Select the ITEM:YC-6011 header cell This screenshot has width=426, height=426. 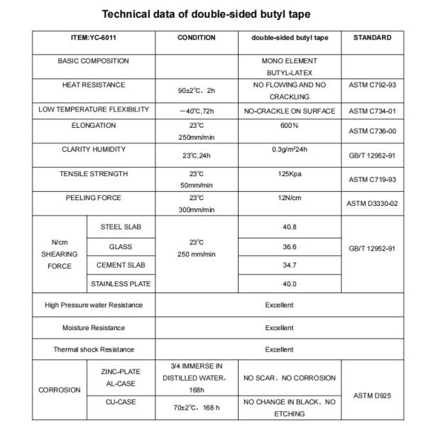[94, 38]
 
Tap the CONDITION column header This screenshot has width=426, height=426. [196, 38]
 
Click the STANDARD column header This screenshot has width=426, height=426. [372, 38]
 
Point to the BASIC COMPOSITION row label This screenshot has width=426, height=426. [94, 61]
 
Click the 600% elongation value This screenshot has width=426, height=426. [288, 125]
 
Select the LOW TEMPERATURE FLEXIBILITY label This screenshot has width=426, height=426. [94, 109]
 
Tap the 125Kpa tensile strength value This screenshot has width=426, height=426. [288, 173]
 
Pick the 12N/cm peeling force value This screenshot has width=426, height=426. [288, 197]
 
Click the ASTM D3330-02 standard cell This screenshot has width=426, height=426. [373, 204]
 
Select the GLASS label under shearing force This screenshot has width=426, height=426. [121, 247]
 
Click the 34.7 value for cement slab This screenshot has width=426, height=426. [288, 266]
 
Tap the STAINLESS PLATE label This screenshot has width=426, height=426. [121, 284]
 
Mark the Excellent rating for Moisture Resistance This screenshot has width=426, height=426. [279, 327]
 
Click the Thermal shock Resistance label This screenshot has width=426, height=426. [94, 349]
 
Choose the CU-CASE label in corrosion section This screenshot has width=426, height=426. [121, 401]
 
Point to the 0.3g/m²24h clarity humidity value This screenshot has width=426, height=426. [288, 148]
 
